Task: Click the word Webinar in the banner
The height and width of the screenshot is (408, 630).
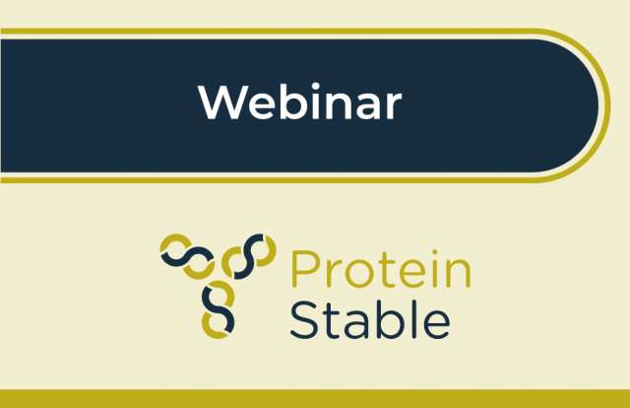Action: [x=299, y=102]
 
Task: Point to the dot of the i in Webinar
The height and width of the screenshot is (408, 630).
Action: [x=315, y=88]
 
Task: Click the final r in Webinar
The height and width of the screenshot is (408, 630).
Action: [x=393, y=106]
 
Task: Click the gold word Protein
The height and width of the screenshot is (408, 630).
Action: [x=380, y=268]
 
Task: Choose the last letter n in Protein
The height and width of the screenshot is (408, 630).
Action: [x=459, y=274]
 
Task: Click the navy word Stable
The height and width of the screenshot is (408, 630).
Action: [x=370, y=319]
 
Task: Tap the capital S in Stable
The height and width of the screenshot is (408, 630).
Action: [x=302, y=320]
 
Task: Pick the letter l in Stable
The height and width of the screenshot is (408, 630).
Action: [x=412, y=318]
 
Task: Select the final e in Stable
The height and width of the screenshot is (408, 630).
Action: [x=437, y=325]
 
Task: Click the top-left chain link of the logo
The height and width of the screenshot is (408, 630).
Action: [x=187, y=256]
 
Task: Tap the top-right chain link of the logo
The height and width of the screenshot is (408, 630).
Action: [x=249, y=256]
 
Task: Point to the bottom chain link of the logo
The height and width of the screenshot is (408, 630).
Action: [x=219, y=309]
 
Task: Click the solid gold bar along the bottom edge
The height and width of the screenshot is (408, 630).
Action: [x=315, y=399]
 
